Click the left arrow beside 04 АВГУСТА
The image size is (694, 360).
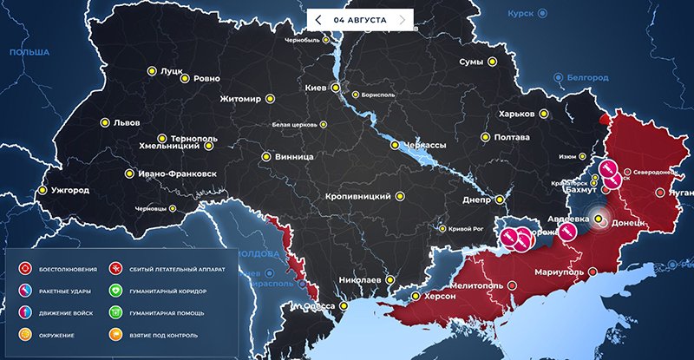click(318, 19)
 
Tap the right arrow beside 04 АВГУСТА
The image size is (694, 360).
click(401, 19)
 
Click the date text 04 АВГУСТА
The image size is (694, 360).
click(360, 19)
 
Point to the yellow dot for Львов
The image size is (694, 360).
click(105, 122)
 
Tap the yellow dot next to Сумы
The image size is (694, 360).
click(492, 62)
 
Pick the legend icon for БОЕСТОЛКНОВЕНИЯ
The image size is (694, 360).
click(24, 270)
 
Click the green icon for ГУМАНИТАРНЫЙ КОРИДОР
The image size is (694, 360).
click(115, 291)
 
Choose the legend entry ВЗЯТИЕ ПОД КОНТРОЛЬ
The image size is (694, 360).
click(153, 335)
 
